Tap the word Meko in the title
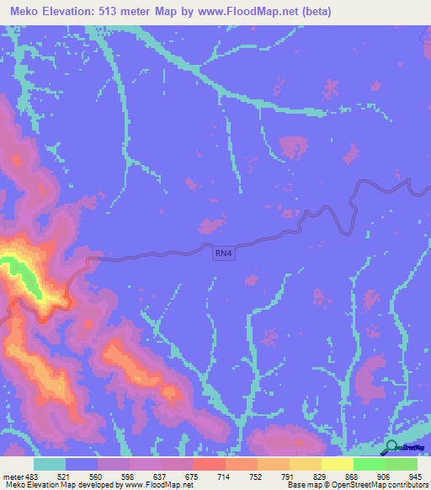29,12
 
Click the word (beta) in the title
313,12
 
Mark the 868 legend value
352,476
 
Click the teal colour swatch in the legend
50,464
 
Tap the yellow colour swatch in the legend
337,464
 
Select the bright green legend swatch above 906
369,464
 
